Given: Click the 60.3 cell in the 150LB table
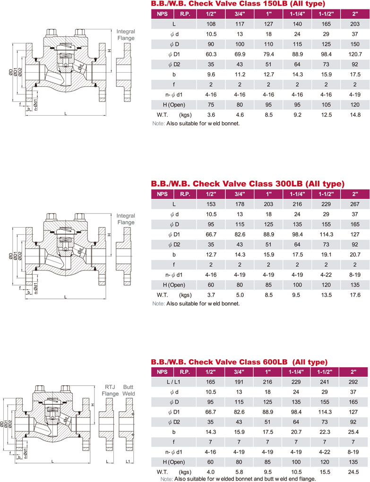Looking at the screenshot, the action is click(x=211, y=54).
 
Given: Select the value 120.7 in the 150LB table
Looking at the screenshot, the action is click(x=355, y=54).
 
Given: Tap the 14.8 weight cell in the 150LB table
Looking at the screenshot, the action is click(x=355, y=115).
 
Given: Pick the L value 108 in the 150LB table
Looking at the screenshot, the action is click(x=211, y=24).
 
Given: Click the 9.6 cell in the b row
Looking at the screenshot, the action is click(x=211, y=75).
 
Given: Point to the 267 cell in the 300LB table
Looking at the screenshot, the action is click(x=355, y=204).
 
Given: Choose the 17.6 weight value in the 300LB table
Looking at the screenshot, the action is click(x=355, y=295).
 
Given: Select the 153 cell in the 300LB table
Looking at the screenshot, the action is click(x=211, y=204).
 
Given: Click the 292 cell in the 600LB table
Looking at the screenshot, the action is click(x=353, y=382).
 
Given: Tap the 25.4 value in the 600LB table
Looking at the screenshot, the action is click(x=353, y=432).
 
